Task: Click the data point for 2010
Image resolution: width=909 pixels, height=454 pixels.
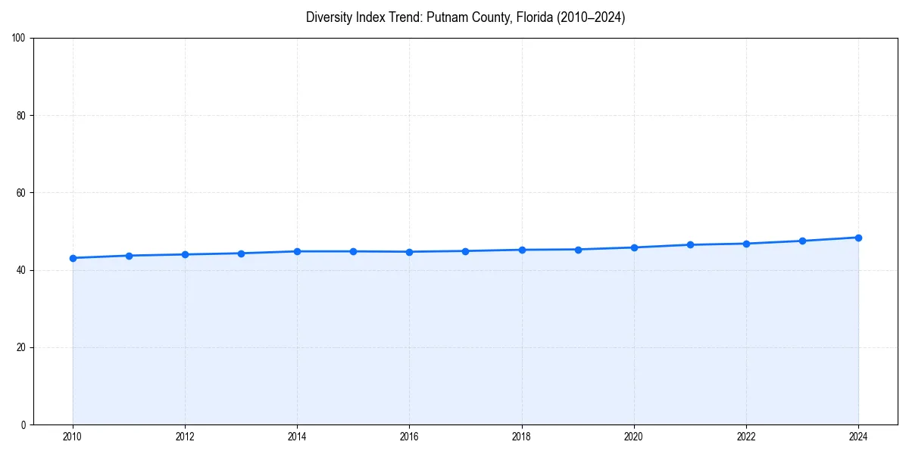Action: [x=73, y=258]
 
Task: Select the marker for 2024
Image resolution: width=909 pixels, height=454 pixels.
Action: [x=858, y=238]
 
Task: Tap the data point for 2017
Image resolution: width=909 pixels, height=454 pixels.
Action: [x=465, y=251]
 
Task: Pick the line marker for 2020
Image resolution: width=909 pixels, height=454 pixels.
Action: [x=634, y=247]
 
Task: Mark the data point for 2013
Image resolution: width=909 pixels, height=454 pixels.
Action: [x=241, y=253]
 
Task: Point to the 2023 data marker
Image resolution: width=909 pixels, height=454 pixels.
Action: [x=802, y=241]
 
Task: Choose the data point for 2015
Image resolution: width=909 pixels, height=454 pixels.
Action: [x=353, y=251]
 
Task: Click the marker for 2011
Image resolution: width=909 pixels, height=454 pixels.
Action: [x=129, y=256]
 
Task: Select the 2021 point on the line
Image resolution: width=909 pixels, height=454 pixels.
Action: [x=690, y=244]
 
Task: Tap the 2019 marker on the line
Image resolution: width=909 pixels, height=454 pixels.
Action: [x=578, y=250]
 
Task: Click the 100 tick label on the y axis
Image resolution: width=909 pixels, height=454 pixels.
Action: [x=19, y=39]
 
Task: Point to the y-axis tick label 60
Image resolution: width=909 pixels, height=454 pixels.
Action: [x=21, y=193]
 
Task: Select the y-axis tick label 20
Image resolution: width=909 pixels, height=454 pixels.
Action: [x=21, y=347]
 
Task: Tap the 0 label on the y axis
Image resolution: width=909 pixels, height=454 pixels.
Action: [x=23, y=424]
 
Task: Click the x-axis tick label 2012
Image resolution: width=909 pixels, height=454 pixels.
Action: [x=185, y=437]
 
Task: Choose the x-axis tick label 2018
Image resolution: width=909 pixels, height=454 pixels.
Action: [x=521, y=437]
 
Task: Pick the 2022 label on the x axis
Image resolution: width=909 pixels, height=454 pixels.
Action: [x=746, y=437]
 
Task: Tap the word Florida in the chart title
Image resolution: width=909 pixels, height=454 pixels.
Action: [x=533, y=17]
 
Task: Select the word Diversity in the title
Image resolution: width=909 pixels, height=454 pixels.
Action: [x=330, y=17]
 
